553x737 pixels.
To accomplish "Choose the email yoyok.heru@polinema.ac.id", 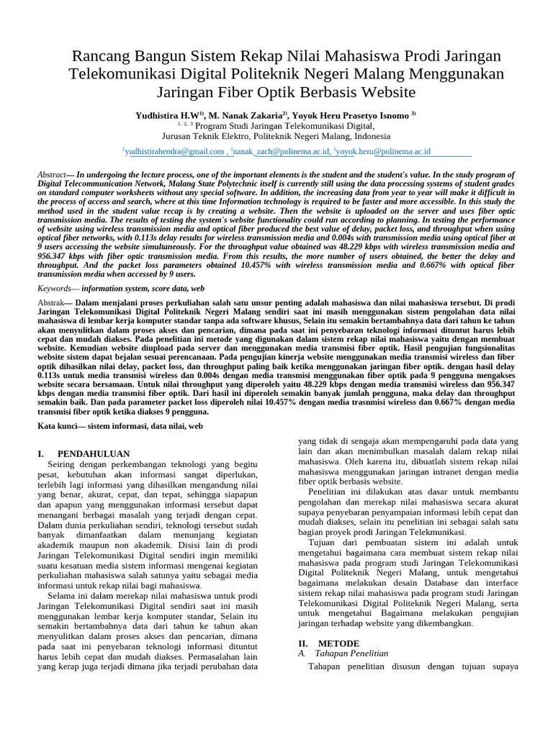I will (383, 152).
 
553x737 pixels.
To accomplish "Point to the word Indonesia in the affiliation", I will (365, 135).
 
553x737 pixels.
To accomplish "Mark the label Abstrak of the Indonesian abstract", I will (51, 303).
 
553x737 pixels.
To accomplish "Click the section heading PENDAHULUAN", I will (94, 454).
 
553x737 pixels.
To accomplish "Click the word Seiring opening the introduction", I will (62, 464).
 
